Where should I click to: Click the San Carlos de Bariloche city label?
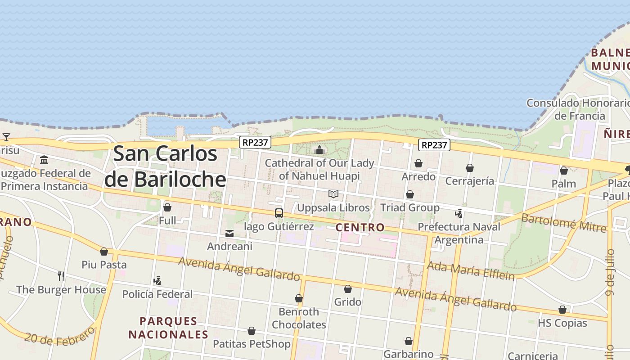165,166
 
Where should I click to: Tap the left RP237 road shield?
255,142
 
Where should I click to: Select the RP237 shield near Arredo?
434,145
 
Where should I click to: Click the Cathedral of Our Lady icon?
319,150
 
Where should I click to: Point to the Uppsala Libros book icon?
333,194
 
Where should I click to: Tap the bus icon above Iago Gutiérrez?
279,213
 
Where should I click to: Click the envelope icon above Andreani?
229,234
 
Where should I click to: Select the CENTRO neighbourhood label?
360,227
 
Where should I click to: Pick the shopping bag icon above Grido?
348,289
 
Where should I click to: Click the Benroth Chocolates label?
299,318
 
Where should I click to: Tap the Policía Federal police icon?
157,281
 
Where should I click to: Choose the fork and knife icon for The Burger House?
61,276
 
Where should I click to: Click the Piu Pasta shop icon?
104,252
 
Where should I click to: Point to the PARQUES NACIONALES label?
168,328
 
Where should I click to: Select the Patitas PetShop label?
252,344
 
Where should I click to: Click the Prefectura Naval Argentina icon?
459,213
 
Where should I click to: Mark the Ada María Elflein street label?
470,270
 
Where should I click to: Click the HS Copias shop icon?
562,310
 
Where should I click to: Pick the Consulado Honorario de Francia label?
579,109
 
